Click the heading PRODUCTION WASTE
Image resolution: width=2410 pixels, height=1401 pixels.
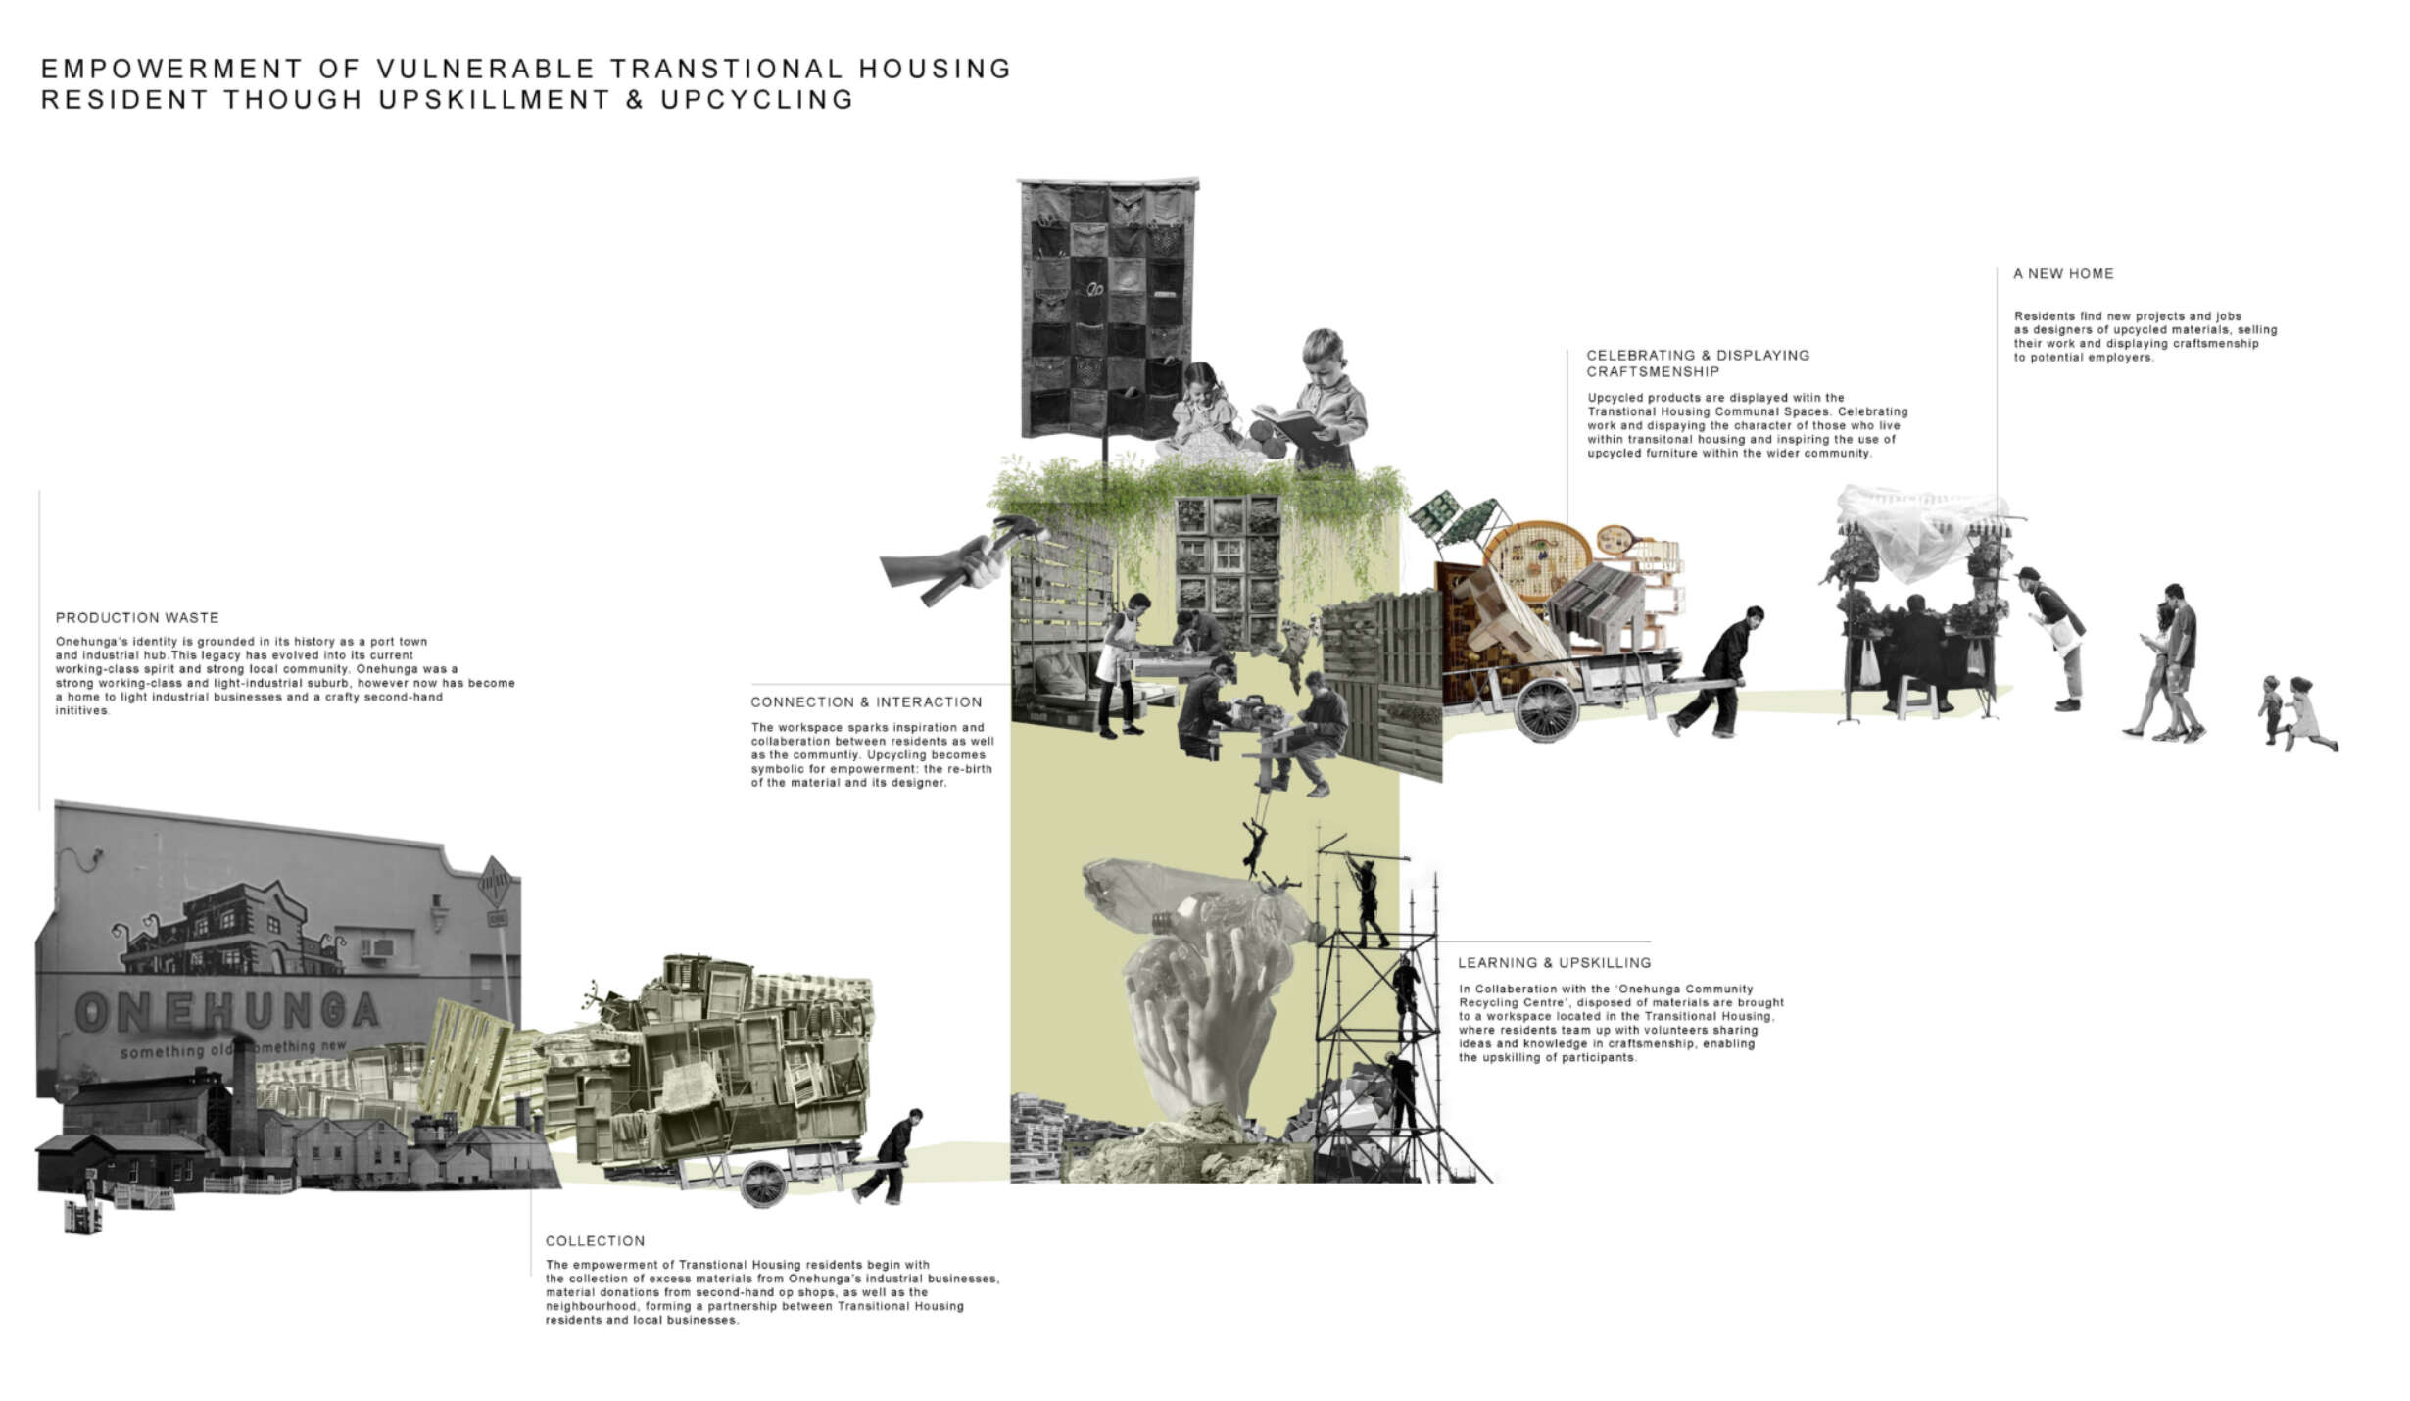pyautogui.click(x=137, y=618)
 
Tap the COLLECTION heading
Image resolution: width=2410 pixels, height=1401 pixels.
pyautogui.click(x=595, y=1241)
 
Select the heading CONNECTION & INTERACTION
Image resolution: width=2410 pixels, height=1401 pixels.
pyautogui.click(x=866, y=702)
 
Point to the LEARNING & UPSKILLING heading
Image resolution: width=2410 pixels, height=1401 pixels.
pyautogui.click(x=1554, y=963)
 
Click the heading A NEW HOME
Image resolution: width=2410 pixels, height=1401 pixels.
pyautogui.click(x=2063, y=274)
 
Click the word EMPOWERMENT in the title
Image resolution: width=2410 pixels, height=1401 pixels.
pyautogui.click(x=172, y=69)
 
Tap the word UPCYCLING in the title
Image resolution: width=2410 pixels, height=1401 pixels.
pyautogui.click(x=757, y=100)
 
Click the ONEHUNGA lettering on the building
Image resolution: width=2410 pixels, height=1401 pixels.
pyautogui.click(x=227, y=1011)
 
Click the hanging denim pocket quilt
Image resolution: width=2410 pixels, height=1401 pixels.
pyautogui.click(x=1108, y=309)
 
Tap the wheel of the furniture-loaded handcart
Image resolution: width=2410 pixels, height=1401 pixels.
pyautogui.click(x=763, y=1183)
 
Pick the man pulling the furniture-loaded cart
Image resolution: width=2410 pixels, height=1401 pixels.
pyautogui.click(x=887, y=1156)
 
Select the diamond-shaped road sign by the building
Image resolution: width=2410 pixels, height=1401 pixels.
pyautogui.click(x=497, y=887)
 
